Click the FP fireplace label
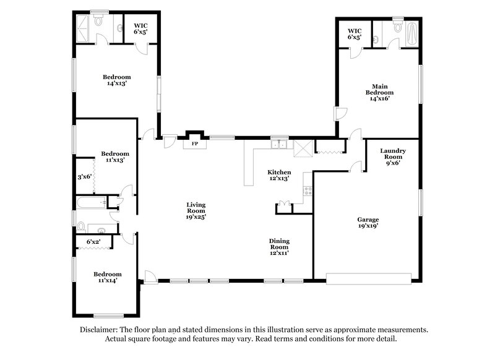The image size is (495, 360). tap(195, 144)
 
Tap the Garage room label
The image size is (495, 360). tap(368, 223)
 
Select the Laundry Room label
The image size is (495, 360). tap(392, 157)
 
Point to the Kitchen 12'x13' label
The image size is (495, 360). tap(279, 175)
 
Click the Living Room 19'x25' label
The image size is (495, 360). tap(197, 210)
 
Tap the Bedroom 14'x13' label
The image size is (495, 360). tap(116, 81)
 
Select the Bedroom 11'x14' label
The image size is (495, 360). tap(107, 277)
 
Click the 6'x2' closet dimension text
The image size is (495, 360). tap(93, 241)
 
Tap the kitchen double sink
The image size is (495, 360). tap(279, 145)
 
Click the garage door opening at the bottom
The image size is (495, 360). tap(369, 278)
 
